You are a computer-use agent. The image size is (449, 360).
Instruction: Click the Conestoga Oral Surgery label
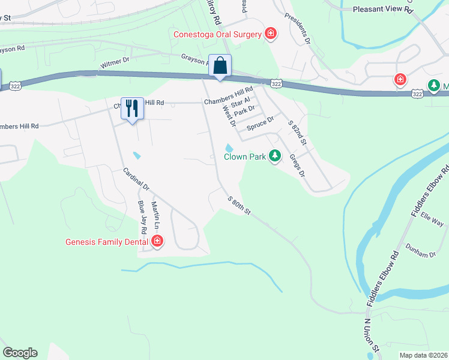pyautogui.click(x=217, y=34)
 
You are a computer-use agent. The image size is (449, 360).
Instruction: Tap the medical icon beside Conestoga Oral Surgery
pyautogui.click(x=271, y=34)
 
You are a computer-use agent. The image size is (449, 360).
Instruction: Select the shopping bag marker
pyautogui.click(x=220, y=65)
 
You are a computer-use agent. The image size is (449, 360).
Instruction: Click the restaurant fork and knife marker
pyautogui.click(x=132, y=108)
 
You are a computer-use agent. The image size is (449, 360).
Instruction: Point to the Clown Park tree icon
pyautogui.click(x=275, y=156)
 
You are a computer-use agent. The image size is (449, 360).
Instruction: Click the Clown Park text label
pyautogui.click(x=244, y=157)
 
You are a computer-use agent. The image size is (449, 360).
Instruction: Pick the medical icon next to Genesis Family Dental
pyautogui.click(x=157, y=242)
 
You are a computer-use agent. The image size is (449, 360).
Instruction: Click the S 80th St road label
pyautogui.click(x=238, y=206)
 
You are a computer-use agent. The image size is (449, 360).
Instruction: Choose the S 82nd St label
pyautogui.click(x=298, y=133)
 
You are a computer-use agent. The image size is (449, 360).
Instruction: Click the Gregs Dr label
pyautogui.click(x=297, y=164)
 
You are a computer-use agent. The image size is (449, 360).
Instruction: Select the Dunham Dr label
pyautogui.click(x=420, y=254)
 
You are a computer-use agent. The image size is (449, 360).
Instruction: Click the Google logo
pyautogui.click(x=20, y=353)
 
